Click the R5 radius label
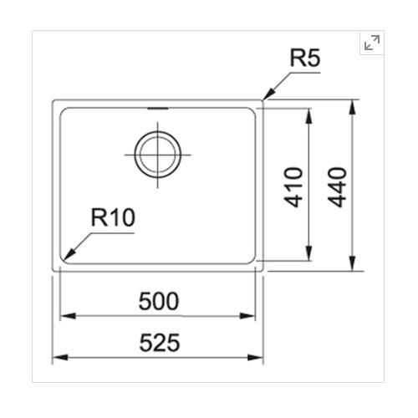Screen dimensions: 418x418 pos(305,58)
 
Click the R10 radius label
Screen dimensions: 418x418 pos(113,217)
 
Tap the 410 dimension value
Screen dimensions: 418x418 pos(293,187)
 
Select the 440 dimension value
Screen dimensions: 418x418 pos(337,187)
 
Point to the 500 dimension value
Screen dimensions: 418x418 pos(159,301)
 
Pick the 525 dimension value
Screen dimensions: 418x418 pos(160,343)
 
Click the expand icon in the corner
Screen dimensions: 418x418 pos(372,43)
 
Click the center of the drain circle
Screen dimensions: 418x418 pos(158,155)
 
